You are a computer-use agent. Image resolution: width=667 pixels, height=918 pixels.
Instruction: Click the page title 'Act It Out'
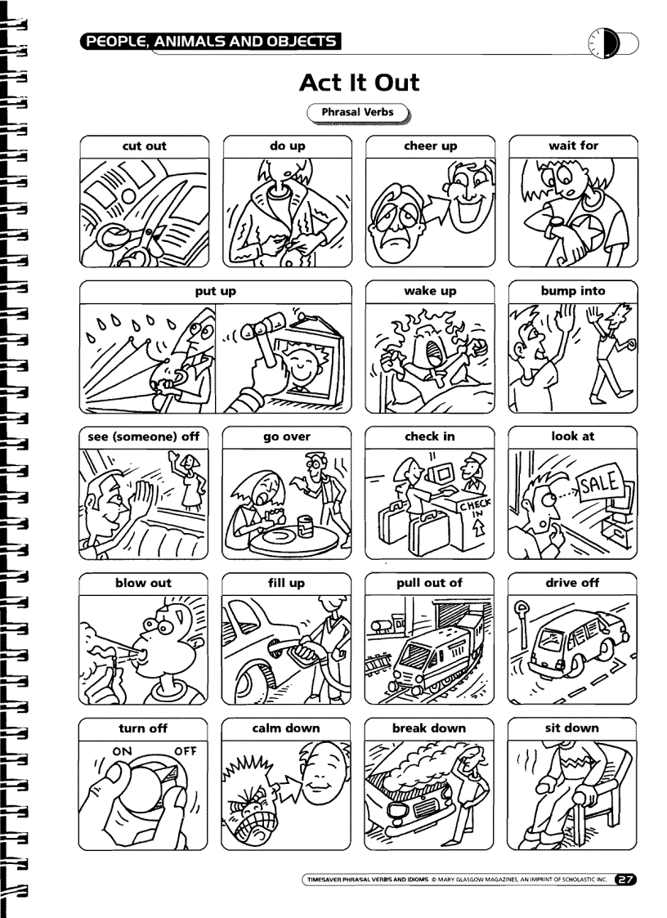pyautogui.click(x=359, y=83)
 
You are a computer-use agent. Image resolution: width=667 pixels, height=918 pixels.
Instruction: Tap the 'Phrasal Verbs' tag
pyautogui.click(x=357, y=113)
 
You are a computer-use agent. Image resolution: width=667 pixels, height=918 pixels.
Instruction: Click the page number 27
pyautogui.click(x=625, y=880)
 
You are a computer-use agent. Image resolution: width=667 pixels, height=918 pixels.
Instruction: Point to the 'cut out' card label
pyautogui.click(x=144, y=146)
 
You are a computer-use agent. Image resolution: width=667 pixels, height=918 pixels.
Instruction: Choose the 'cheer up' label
pyautogui.click(x=430, y=146)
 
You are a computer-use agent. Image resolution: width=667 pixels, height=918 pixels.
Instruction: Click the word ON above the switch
pyautogui.click(x=122, y=750)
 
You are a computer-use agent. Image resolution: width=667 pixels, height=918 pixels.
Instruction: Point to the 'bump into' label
pyautogui.click(x=573, y=291)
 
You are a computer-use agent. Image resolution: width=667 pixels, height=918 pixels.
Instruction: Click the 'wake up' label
pyautogui.click(x=430, y=291)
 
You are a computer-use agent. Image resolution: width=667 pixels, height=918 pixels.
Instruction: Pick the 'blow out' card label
pyautogui.click(x=144, y=583)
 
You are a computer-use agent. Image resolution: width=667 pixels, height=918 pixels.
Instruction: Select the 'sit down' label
pyautogui.click(x=572, y=728)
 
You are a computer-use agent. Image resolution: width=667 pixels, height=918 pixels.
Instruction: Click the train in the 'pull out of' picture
pyautogui.click(x=433, y=654)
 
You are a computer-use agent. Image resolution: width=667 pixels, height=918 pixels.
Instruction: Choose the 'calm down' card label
pyautogui.click(x=286, y=728)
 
